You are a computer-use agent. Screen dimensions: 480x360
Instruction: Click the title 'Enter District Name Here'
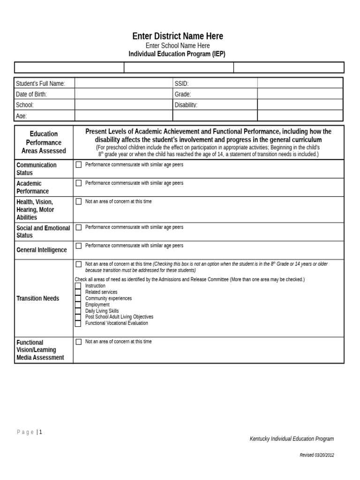[x=178, y=36]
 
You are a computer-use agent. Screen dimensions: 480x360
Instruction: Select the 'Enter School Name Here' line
[x=178, y=45]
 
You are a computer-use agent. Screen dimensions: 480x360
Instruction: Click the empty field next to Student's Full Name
[x=124, y=83]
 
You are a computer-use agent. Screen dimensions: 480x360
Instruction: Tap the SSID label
[x=181, y=83]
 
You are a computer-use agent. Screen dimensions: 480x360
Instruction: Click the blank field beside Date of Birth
[x=124, y=94]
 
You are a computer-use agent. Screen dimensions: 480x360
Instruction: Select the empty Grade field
[x=300, y=94]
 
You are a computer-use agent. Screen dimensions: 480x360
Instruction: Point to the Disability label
[x=186, y=105]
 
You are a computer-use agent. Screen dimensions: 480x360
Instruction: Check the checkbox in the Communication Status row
[x=79, y=165]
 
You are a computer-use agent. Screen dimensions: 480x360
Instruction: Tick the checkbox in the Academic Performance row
[x=79, y=183]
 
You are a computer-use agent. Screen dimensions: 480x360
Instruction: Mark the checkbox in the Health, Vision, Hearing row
[x=79, y=202]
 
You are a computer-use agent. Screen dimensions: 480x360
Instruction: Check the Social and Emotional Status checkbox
[x=79, y=227]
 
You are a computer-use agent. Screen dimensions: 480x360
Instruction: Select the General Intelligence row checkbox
[x=79, y=246]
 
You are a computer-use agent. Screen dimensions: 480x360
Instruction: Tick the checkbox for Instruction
[x=78, y=286]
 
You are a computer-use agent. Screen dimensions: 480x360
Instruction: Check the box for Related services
[x=78, y=292]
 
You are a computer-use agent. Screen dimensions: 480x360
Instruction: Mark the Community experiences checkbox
[x=78, y=299]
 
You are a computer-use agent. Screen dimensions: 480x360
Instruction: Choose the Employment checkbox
[x=78, y=305]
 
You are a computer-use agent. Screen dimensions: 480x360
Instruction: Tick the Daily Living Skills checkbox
[x=78, y=311]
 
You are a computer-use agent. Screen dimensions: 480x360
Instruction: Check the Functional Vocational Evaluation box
[x=78, y=323]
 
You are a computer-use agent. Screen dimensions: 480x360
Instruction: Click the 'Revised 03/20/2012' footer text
[x=317, y=455]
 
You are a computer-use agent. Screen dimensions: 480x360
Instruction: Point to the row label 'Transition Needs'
[x=38, y=299]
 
